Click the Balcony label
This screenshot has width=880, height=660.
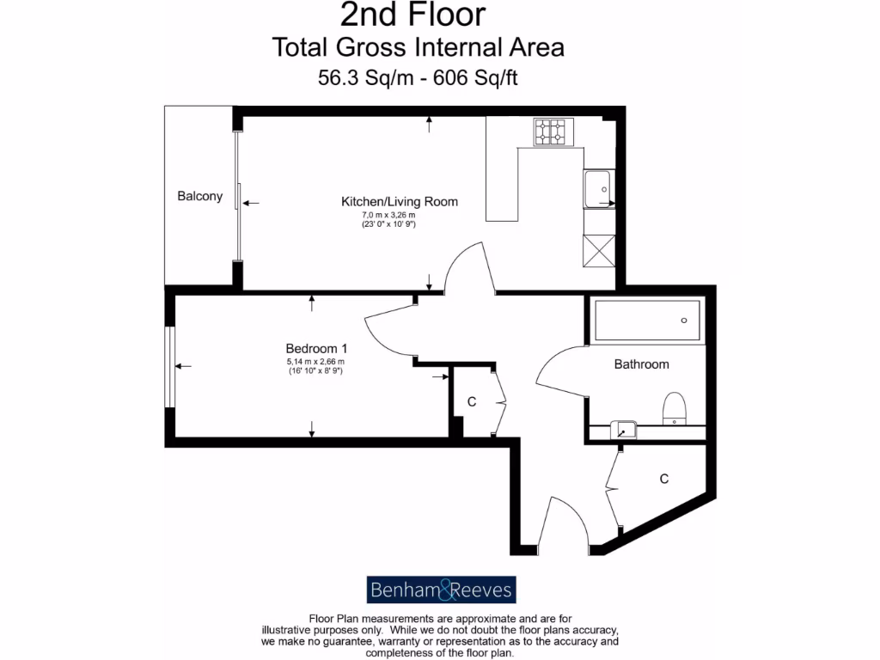pyautogui.click(x=199, y=196)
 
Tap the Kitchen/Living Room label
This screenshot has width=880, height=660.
pyautogui.click(x=400, y=202)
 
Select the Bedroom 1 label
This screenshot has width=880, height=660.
pyautogui.click(x=316, y=349)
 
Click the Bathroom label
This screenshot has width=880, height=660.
pyautogui.click(x=641, y=364)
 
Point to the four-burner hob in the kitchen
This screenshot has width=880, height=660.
pyautogui.click(x=551, y=131)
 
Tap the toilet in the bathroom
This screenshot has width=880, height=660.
pyautogui.click(x=675, y=409)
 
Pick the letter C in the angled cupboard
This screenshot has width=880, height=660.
pyautogui.click(x=663, y=479)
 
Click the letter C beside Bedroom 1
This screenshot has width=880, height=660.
pyautogui.click(x=472, y=402)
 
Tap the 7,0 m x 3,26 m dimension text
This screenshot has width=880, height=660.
pyautogui.click(x=388, y=215)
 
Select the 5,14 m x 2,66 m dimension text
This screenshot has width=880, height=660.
pyautogui.click(x=315, y=362)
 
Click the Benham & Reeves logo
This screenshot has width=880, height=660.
pyautogui.click(x=442, y=590)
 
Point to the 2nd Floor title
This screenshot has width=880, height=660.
pyautogui.click(x=412, y=15)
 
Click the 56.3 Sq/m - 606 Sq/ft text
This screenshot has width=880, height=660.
pyautogui.click(x=418, y=77)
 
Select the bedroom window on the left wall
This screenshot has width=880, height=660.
pyautogui.click(x=171, y=367)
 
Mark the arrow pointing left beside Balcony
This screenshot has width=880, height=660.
pyautogui.click(x=251, y=203)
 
